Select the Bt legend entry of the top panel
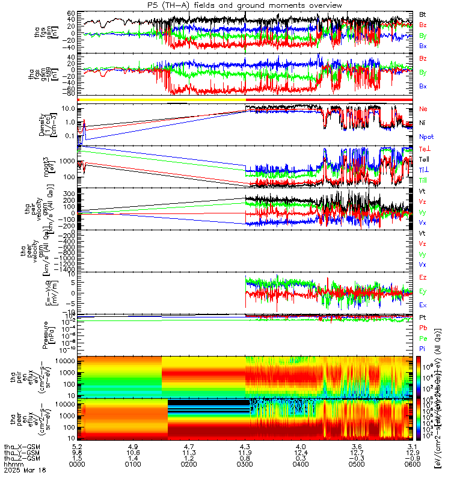tap(423, 14)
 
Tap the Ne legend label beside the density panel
tap(423, 109)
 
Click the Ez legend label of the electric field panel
tap(423, 278)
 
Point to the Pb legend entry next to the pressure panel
tap(423, 328)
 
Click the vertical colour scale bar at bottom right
tap(419, 397)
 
